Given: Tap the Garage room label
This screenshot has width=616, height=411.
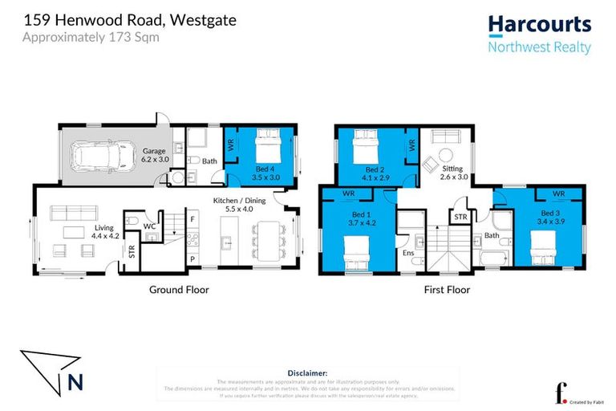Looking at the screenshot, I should click(x=154, y=150).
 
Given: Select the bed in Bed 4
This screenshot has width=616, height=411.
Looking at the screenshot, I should click(x=269, y=148).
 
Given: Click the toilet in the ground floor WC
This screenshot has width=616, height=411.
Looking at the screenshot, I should click(x=132, y=220).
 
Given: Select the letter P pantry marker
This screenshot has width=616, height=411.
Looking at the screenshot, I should click(x=192, y=259).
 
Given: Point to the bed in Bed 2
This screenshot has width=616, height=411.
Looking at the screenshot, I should click(x=366, y=147).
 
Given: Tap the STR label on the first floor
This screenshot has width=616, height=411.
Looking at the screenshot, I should click(x=460, y=217).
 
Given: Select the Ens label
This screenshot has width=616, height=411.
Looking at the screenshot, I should click(x=410, y=254).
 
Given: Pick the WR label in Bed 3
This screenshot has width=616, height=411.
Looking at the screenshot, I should click(x=559, y=193).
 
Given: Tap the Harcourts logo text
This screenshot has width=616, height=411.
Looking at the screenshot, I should click(x=539, y=25).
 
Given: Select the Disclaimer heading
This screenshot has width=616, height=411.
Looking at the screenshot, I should click(x=307, y=373).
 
